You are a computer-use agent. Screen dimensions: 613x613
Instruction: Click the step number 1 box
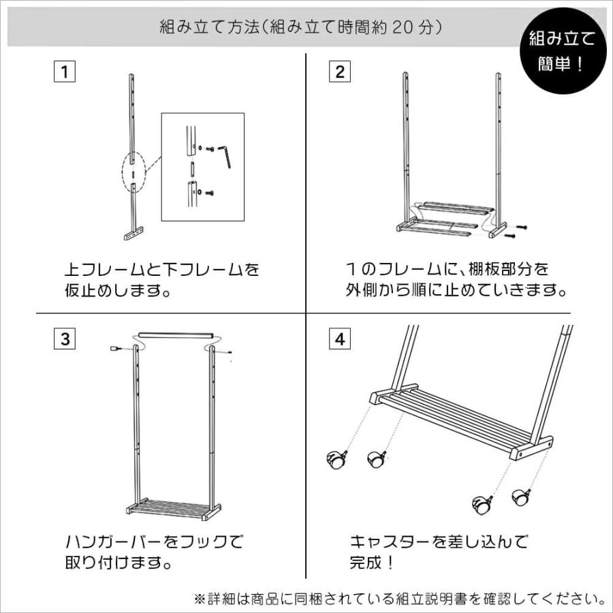[x=65, y=71]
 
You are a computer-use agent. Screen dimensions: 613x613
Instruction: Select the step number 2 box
[x=340, y=71]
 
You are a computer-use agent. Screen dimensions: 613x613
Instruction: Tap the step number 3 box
[x=65, y=339]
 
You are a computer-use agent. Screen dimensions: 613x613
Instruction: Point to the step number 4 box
[x=340, y=339]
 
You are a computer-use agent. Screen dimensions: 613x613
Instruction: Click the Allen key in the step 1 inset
[x=225, y=156]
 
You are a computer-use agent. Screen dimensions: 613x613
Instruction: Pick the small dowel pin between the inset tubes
[x=192, y=170]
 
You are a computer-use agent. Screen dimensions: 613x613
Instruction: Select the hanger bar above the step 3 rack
[x=176, y=335]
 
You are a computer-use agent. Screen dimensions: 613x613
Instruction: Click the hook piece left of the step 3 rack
[x=115, y=347]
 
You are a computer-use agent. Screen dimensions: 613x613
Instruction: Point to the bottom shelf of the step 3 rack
[x=174, y=508]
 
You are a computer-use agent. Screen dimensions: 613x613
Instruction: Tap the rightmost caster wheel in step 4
[x=522, y=497]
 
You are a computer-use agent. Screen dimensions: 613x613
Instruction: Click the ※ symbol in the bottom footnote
[x=200, y=599]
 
